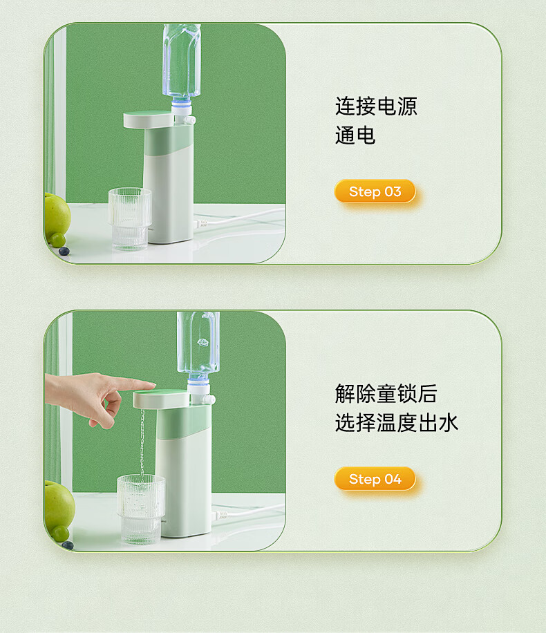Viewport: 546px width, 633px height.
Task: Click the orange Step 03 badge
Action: click(x=375, y=191)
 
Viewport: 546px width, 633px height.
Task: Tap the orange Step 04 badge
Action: click(x=375, y=479)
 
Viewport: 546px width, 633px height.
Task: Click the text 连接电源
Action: click(x=376, y=106)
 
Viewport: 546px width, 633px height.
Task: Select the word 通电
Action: click(x=355, y=135)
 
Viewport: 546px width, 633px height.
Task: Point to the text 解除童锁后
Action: click(x=386, y=394)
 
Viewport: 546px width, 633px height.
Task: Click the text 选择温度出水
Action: click(x=397, y=423)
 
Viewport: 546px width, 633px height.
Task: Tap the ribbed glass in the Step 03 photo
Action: click(x=130, y=219)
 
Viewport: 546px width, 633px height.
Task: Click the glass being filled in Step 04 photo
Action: click(x=140, y=509)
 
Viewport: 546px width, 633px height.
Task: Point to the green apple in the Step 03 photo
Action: click(x=57, y=217)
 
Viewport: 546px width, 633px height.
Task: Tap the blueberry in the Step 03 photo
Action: click(x=64, y=251)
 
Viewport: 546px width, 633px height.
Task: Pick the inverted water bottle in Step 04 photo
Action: click(x=198, y=347)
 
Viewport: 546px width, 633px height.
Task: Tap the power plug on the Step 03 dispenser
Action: click(x=200, y=223)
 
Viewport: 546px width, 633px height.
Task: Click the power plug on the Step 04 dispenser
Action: click(x=220, y=515)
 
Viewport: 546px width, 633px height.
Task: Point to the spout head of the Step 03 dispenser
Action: click(x=148, y=120)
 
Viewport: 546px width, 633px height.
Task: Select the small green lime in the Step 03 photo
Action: click(x=57, y=240)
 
